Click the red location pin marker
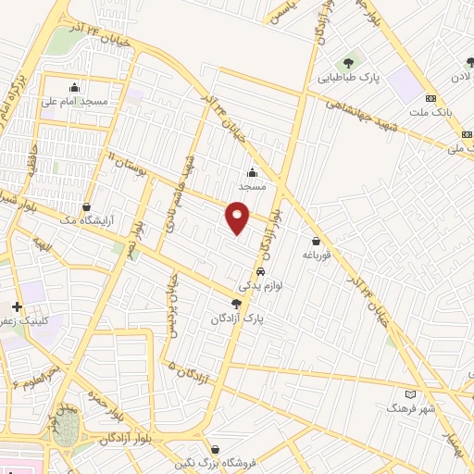pyautogui.click(x=239, y=216)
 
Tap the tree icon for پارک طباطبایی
pyautogui.click(x=348, y=63)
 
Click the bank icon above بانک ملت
pyautogui.click(x=430, y=98)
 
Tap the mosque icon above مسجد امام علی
pyautogui.click(x=75, y=86)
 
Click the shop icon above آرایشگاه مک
pyautogui.click(x=87, y=207)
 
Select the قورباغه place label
pyautogui.click(x=316, y=255)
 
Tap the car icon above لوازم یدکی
pyautogui.click(x=261, y=271)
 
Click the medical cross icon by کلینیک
pyautogui.click(x=16, y=306)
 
